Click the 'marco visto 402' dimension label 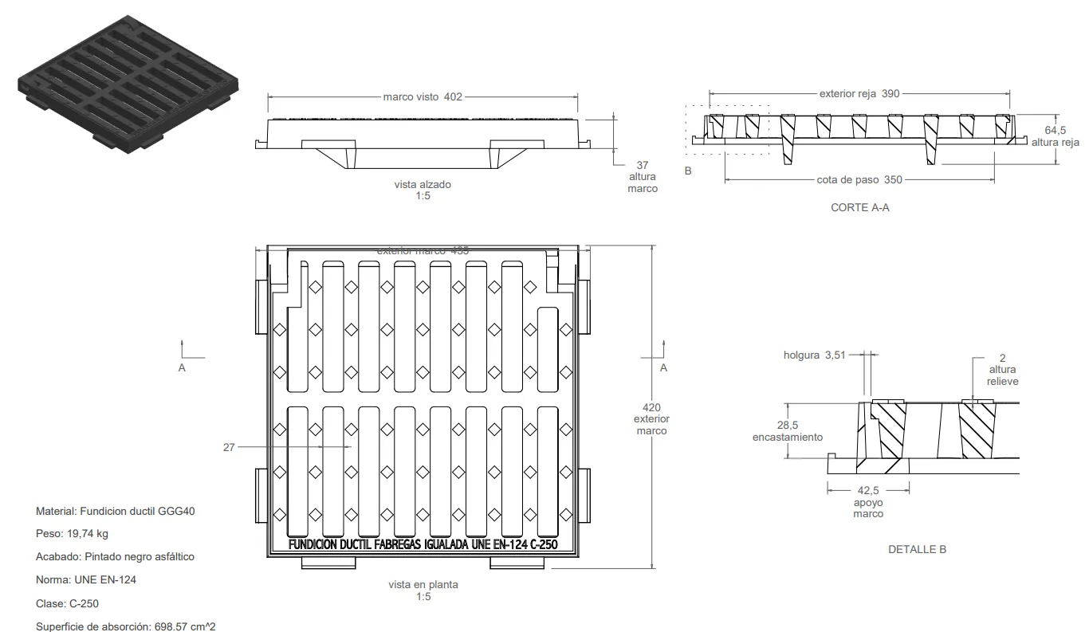[x=423, y=96]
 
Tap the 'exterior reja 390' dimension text [x=859, y=93]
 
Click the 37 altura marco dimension [x=643, y=176]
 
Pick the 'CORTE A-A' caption [x=859, y=207]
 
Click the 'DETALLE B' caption [x=917, y=549]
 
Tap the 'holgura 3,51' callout [x=813, y=355]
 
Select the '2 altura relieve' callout [x=1002, y=369]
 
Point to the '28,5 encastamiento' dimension [x=787, y=431]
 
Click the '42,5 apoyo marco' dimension [x=867, y=502]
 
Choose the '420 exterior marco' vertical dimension [x=651, y=419]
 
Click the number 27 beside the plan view [x=229, y=447]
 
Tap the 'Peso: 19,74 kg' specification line [x=72, y=533]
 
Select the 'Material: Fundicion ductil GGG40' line [x=115, y=511]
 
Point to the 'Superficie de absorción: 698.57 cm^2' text [x=125, y=626]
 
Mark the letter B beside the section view [x=688, y=171]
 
